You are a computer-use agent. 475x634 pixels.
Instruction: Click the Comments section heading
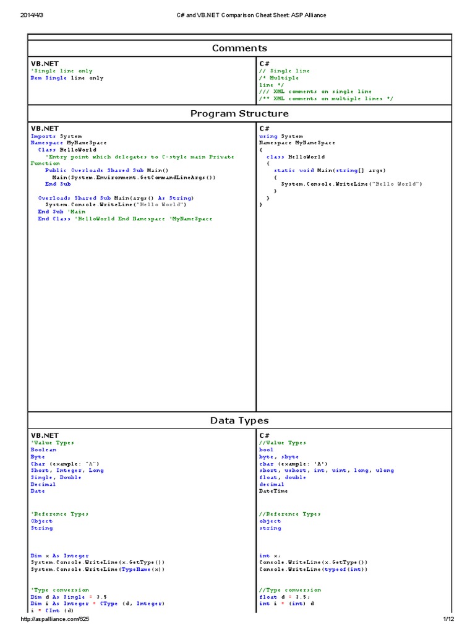point(239,48)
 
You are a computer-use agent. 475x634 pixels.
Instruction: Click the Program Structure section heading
point(239,114)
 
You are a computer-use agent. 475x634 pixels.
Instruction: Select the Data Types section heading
point(239,420)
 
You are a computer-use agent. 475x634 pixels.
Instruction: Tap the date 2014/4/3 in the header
point(33,15)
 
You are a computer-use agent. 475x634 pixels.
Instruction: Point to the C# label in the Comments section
point(264,64)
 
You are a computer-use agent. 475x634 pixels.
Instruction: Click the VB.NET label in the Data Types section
point(45,436)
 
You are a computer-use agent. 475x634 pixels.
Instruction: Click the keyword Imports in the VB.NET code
point(43,136)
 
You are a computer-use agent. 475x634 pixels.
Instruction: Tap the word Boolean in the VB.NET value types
point(43,450)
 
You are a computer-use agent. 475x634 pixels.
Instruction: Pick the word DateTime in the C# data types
point(273,491)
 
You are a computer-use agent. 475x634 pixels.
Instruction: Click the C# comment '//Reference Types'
point(290,514)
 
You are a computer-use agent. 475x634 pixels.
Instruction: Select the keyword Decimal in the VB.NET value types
point(43,484)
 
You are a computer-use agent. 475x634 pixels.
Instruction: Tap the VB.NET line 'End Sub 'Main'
point(61,212)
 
